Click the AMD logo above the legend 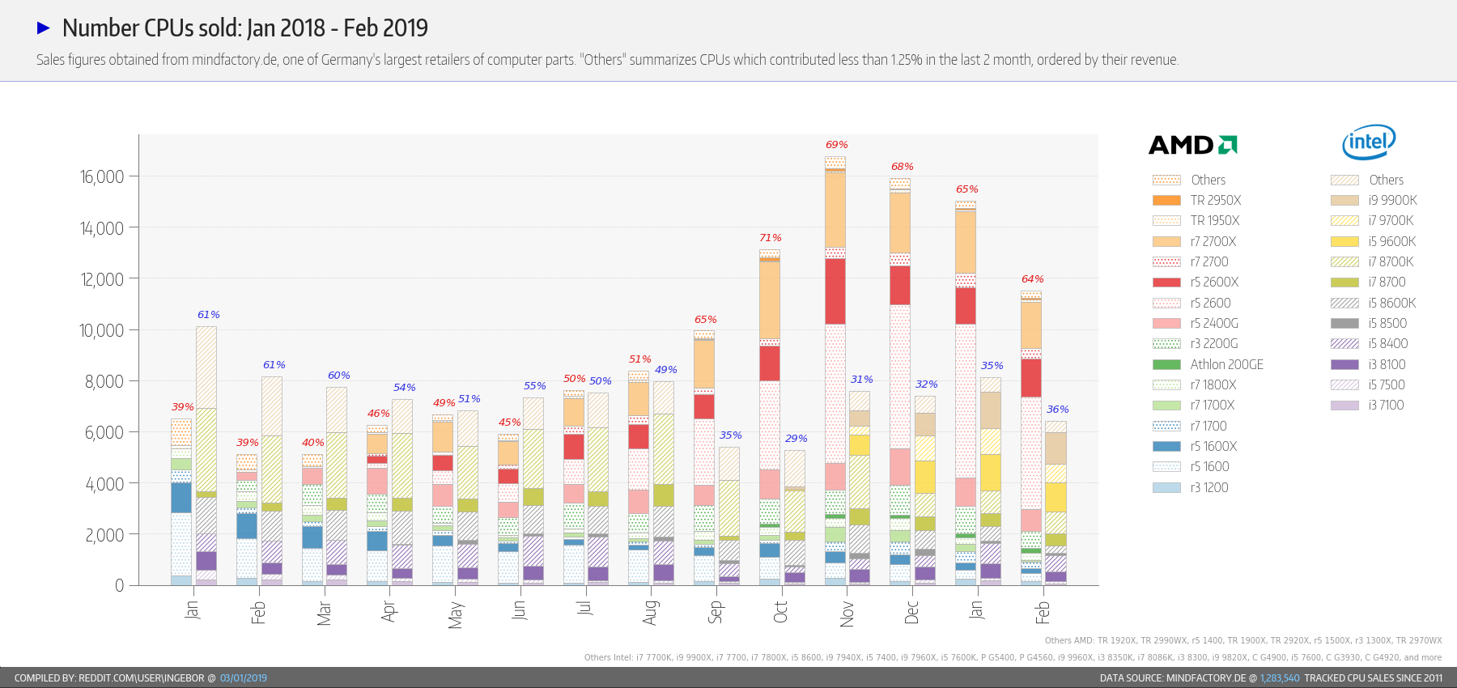1192,145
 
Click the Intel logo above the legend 1369,142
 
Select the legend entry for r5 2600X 1214,282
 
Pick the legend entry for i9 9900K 1392,201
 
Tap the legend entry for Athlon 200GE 1226,364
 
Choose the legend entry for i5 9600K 1391,241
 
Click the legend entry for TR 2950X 1215,201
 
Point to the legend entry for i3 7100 1386,406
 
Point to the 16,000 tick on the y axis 102,177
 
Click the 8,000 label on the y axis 104,381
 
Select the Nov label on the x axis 847,614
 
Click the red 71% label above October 771,238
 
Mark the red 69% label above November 836,145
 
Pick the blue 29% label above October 796,439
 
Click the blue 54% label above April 404,388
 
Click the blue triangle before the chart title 44,28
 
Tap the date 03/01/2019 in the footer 244,678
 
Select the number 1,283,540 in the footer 1280,678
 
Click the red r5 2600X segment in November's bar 835,291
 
